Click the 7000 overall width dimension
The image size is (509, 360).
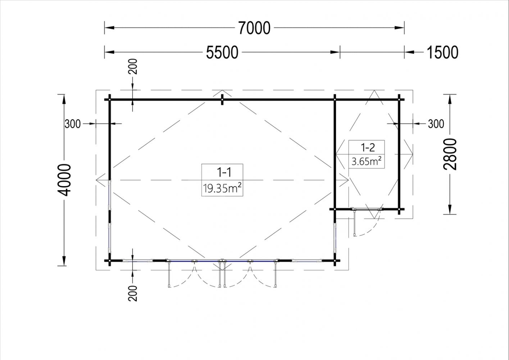click(x=254, y=28)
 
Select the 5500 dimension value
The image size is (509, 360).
click(x=222, y=53)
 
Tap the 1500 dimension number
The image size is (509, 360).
click(x=442, y=53)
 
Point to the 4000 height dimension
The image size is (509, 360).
click(x=64, y=180)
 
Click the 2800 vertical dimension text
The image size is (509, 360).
click(x=450, y=154)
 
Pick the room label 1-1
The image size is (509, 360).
click(x=224, y=172)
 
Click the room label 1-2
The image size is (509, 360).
click(x=368, y=148)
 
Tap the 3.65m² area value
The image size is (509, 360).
click(x=367, y=162)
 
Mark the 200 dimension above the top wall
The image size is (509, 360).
click(x=133, y=67)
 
